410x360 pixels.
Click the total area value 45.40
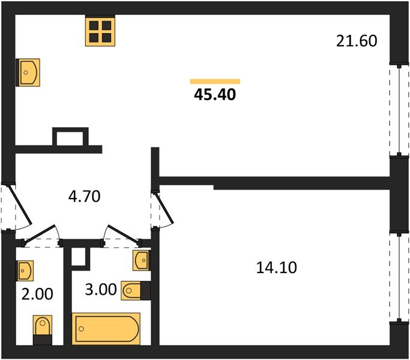click(215, 95)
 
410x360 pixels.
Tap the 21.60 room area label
click(357, 41)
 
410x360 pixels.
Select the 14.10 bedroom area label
click(276, 268)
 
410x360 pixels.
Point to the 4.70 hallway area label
click(84, 196)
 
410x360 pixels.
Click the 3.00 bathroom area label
click(101, 289)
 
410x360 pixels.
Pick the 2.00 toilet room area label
click(37, 294)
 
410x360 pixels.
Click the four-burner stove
click(100, 31)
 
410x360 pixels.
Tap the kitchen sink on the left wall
click(28, 73)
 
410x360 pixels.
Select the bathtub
click(106, 329)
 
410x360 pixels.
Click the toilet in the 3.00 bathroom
click(136, 290)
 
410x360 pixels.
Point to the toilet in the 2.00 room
click(43, 330)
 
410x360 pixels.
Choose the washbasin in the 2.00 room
click(25, 271)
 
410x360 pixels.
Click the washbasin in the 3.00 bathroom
click(142, 260)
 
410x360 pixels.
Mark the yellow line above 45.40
click(215, 82)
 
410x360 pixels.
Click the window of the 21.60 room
click(399, 110)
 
